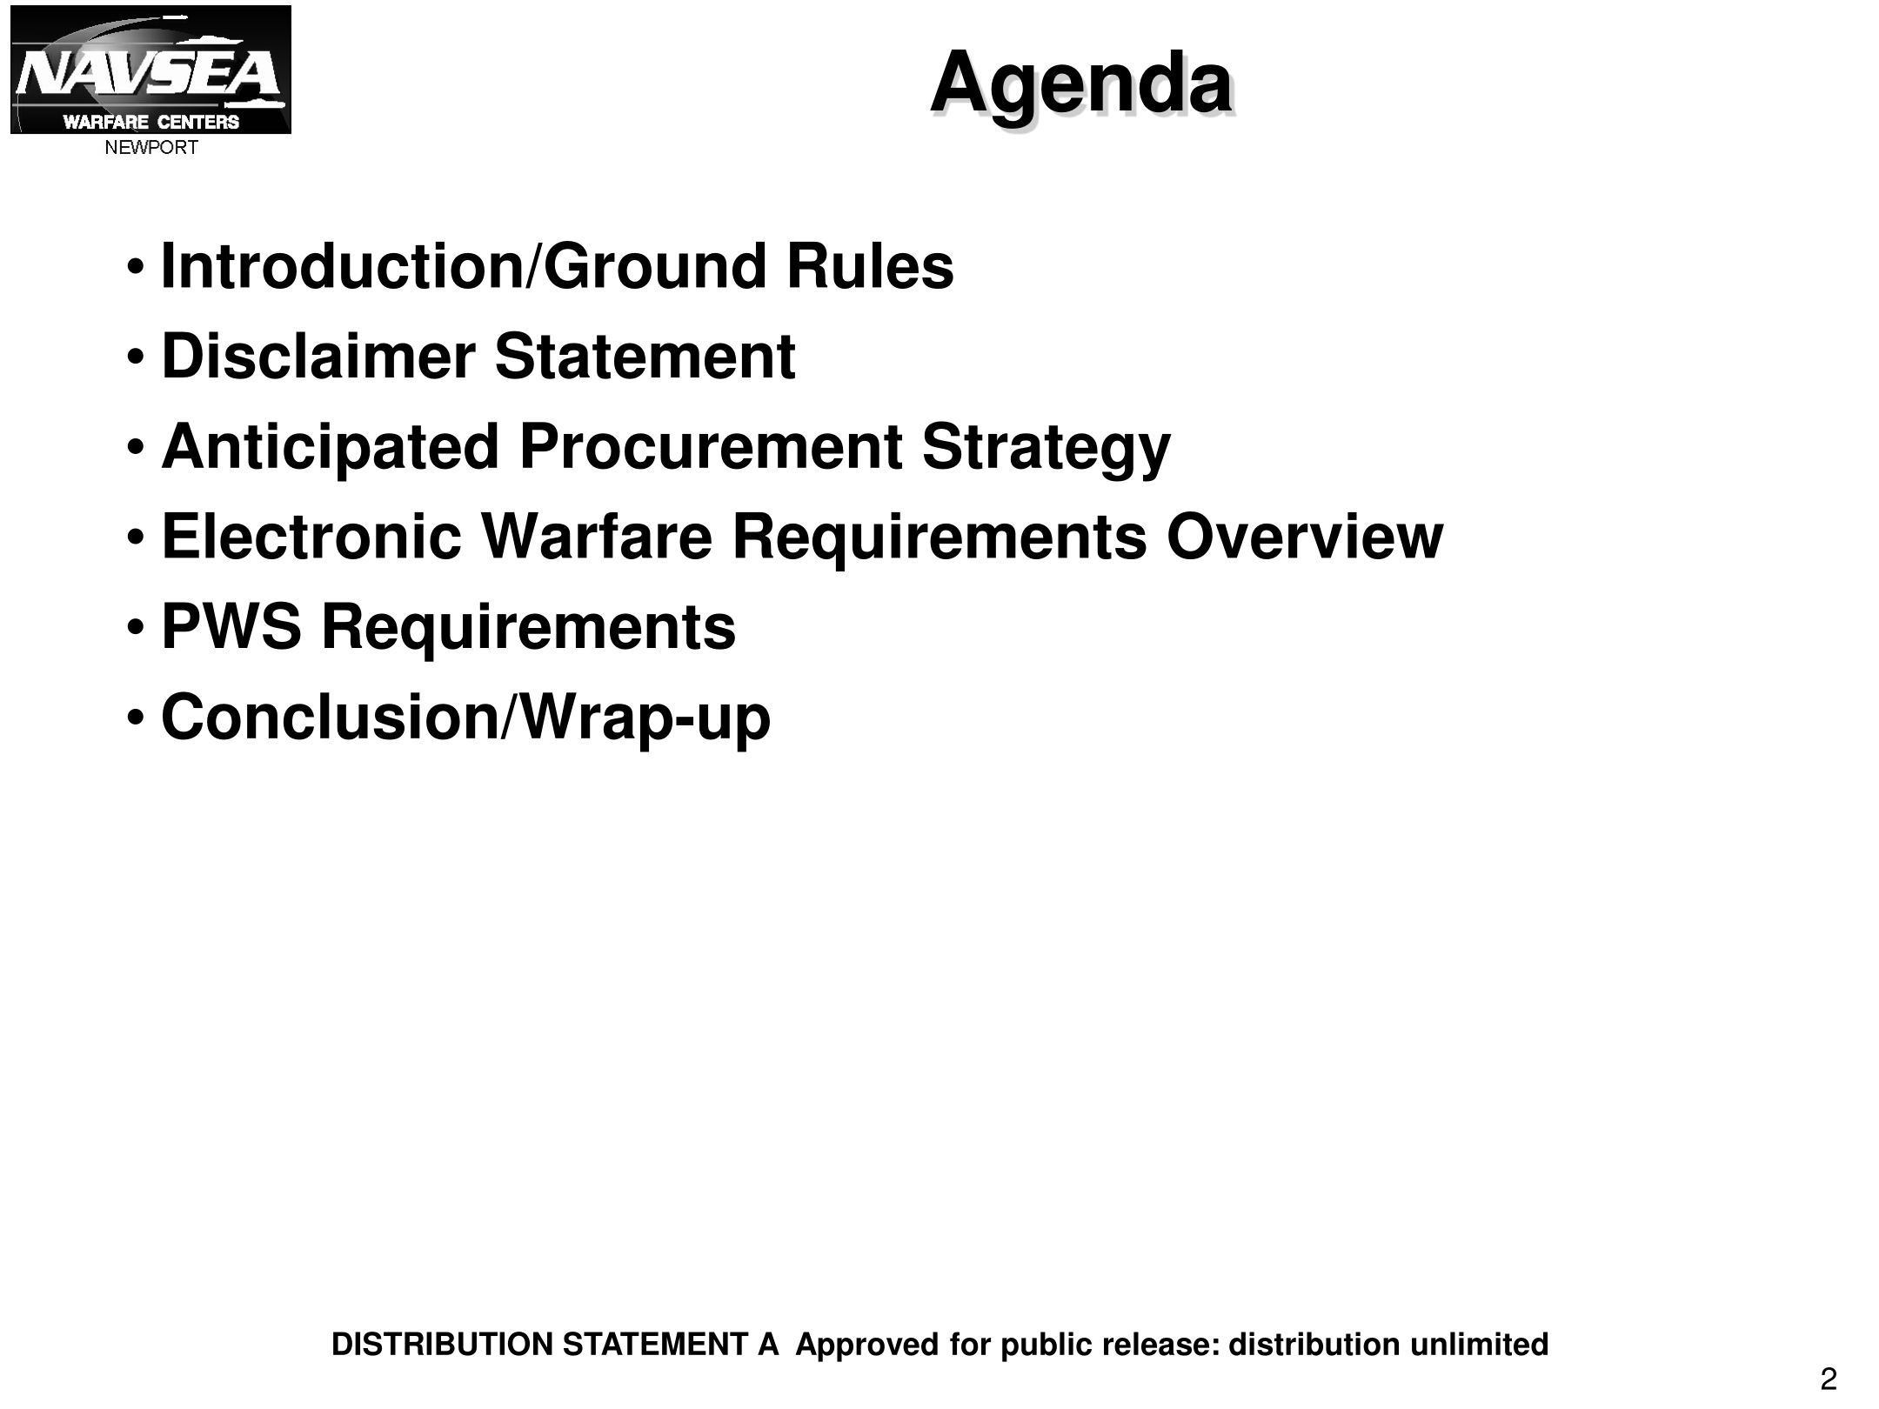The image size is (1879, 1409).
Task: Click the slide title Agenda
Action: pos(1081,85)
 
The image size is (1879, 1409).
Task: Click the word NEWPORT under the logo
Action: pos(151,148)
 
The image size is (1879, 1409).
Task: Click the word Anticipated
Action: pos(330,447)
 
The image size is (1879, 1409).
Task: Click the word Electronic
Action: pos(311,538)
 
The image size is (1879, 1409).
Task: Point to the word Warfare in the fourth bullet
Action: pos(597,538)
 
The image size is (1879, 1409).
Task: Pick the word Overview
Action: pos(1305,538)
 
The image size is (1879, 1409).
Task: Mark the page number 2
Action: pos(1828,1379)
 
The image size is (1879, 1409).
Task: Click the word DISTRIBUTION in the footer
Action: pos(443,1345)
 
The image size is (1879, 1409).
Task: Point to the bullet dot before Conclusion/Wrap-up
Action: pos(136,718)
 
